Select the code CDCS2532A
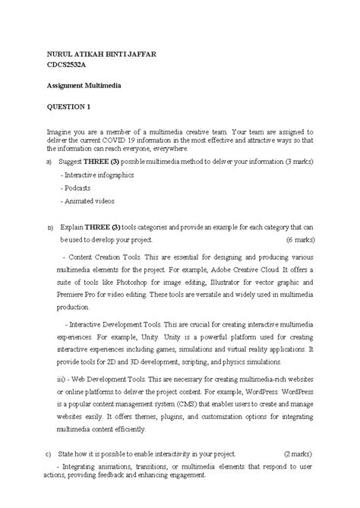[69, 67]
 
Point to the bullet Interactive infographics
[99, 175]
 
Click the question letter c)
[49, 453]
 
